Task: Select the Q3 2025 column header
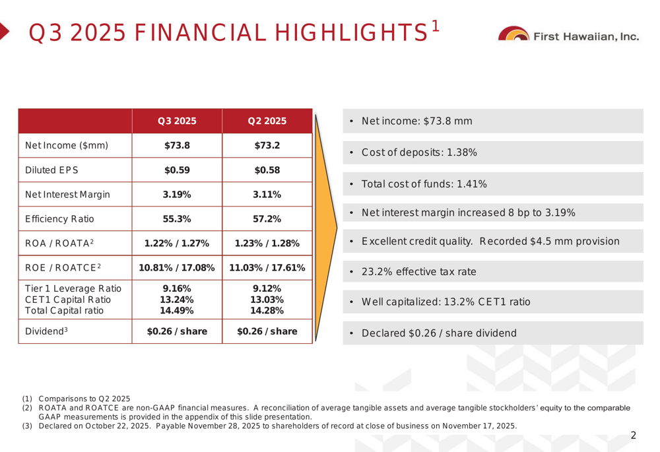177,121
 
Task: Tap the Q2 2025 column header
267,121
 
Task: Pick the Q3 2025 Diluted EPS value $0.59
177,170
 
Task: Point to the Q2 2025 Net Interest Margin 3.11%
267,195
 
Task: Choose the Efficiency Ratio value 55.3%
177,219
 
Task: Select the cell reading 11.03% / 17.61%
267,268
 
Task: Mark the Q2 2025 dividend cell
267,331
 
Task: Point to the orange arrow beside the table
325,228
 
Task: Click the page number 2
634,435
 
